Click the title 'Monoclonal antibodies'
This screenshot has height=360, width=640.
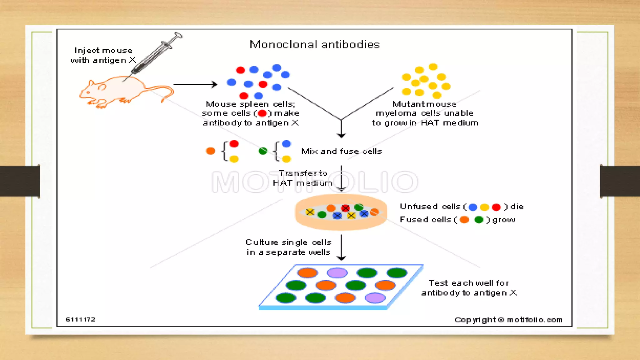click(314, 44)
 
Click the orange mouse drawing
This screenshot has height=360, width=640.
click(125, 91)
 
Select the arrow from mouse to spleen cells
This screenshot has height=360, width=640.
click(195, 84)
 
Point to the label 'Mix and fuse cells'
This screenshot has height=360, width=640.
click(341, 151)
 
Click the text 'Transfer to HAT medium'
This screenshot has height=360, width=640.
click(302, 178)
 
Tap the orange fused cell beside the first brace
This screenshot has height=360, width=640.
click(211, 151)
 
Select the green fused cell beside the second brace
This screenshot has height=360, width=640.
click(263, 151)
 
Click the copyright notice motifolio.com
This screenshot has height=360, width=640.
click(508, 320)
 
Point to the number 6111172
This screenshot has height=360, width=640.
click(80, 319)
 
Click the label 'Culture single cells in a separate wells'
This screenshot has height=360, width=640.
click(288, 247)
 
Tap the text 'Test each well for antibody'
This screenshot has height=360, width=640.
click(469, 288)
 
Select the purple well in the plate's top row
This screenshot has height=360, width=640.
click(337, 272)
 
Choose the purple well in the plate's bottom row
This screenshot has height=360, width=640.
click(375, 298)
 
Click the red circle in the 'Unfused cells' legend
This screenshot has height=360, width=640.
click(496, 207)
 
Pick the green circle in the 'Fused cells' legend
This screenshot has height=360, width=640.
click(479, 220)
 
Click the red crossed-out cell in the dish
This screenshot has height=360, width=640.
click(345, 208)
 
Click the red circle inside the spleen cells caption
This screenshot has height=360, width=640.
click(262, 113)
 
